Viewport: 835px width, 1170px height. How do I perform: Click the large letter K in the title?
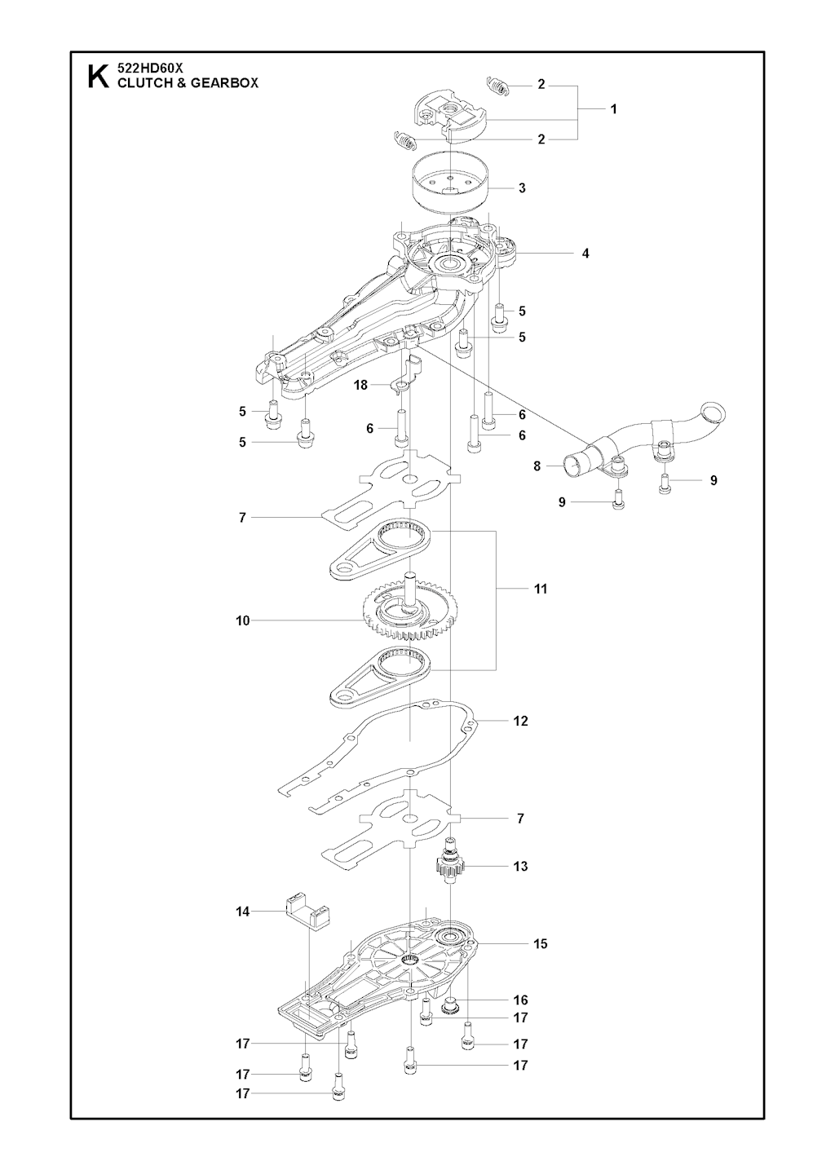pos(98,77)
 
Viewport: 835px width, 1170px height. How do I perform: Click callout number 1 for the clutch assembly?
pos(613,109)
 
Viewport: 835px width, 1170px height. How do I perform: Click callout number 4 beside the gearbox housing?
pos(585,254)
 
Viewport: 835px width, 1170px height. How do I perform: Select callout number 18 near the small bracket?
pos(360,386)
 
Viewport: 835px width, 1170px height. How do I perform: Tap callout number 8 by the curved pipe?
pos(537,466)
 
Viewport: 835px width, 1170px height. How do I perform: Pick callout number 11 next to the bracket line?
pos(541,589)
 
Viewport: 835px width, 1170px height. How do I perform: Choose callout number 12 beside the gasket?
pos(520,721)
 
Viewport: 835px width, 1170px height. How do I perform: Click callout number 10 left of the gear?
pos(242,621)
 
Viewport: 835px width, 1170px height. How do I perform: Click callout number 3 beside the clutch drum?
pos(522,188)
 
